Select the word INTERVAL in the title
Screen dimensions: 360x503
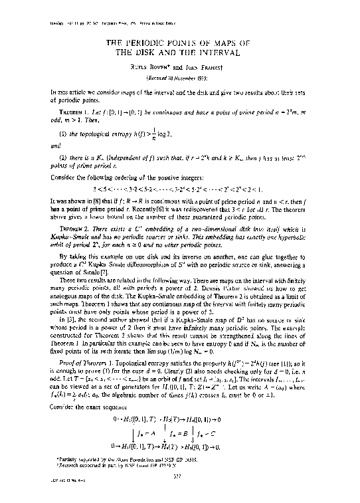215,51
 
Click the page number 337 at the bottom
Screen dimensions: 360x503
179,490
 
